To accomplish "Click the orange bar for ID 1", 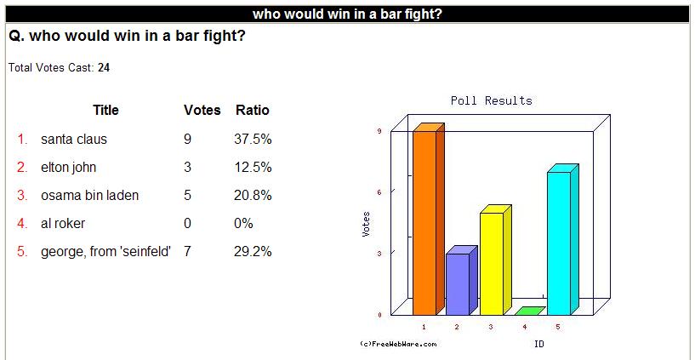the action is pos(428,219).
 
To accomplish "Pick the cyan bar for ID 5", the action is pos(563,239).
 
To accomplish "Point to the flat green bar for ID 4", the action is pos(530,311).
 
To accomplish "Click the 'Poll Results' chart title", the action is pos(491,100).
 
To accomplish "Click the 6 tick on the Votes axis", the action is pos(380,192).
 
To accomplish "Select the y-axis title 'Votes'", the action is pos(366,224).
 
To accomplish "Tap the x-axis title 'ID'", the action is pos(539,344).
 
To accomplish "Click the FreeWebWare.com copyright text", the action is pos(398,344).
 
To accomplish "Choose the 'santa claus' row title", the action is pos(73,140).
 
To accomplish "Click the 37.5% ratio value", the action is pos(253,140).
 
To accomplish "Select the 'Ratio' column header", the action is pos(252,110).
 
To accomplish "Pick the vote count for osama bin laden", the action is pos(187,195).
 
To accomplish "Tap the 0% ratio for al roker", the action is pos(243,224).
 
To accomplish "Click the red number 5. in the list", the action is pos(23,252).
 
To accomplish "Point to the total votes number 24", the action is pos(104,68).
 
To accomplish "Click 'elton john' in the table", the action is pos(68,168).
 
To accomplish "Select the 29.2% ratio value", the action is pos(253,252).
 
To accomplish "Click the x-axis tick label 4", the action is pos(524,327).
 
